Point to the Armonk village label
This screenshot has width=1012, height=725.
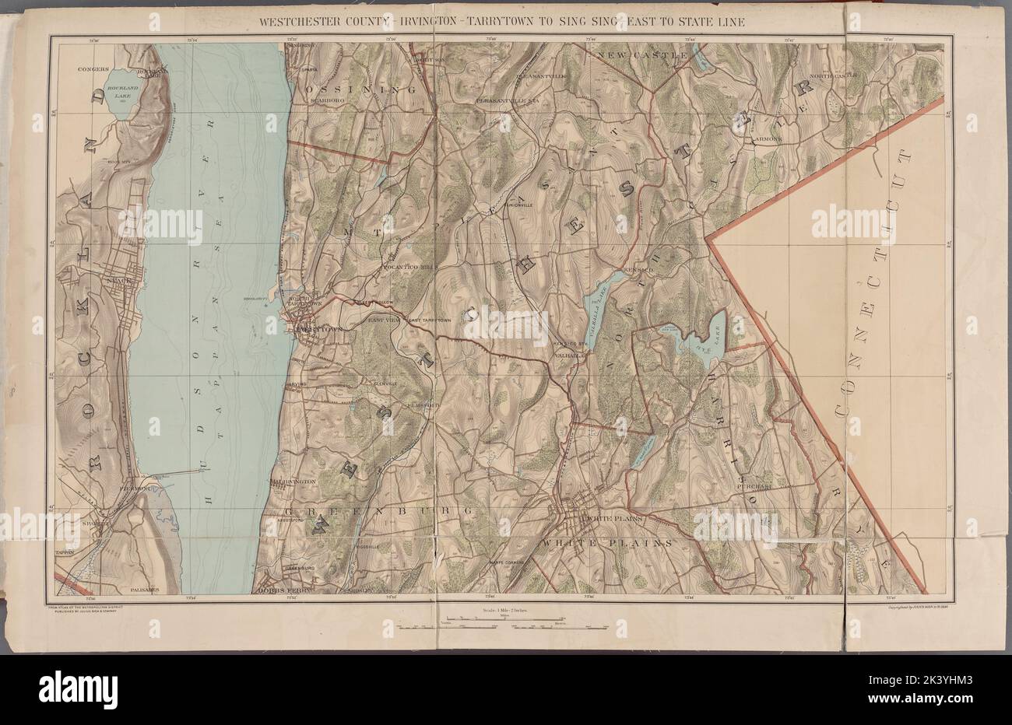[x=766, y=139]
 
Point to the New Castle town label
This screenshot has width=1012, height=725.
[x=642, y=56]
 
